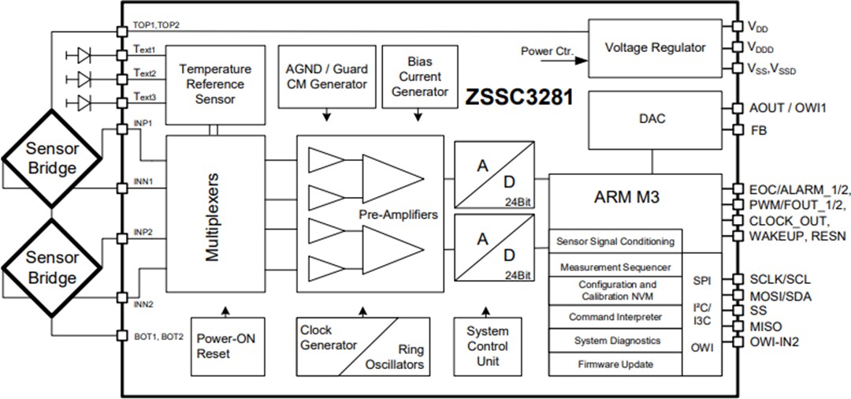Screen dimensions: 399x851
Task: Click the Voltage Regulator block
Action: pyautogui.click(x=655, y=47)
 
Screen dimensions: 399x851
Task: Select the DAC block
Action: pyautogui.click(x=653, y=119)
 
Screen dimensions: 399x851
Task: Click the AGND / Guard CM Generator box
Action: pyautogui.click(x=325, y=77)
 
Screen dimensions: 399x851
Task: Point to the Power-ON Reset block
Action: pyautogui.click(x=225, y=346)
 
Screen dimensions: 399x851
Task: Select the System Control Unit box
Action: pyautogui.click(x=487, y=346)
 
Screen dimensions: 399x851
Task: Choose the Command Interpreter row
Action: pyautogui.click(x=615, y=317)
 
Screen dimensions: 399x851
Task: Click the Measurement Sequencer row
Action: pyautogui.click(x=615, y=267)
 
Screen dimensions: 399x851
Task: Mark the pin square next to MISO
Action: pyautogui.click(x=737, y=326)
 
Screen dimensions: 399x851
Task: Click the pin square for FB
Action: pyautogui.click(x=737, y=131)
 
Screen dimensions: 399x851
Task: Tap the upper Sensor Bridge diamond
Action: pyautogui.click(x=51, y=158)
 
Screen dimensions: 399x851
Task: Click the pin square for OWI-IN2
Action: pyautogui.click(x=737, y=341)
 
